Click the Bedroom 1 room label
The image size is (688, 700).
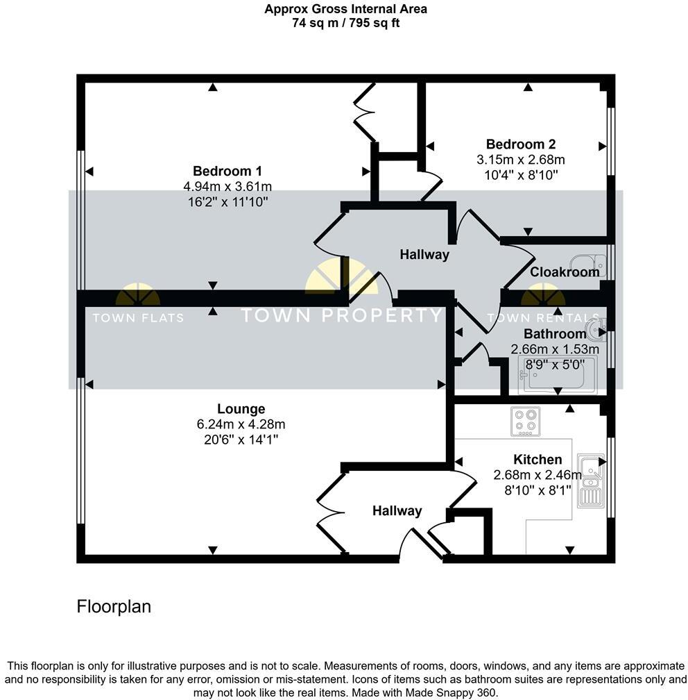[227, 172]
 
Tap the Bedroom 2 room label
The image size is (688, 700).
[520, 144]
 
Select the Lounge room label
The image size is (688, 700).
[241, 409]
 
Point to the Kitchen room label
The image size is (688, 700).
[537, 460]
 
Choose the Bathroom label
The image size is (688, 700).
[554, 334]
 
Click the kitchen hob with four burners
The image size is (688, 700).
[525, 422]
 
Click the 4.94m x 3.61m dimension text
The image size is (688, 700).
[227, 186]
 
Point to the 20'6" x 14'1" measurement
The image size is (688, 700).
[241, 440]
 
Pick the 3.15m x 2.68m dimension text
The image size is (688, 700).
[520, 160]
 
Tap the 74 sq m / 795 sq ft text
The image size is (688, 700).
[345, 23]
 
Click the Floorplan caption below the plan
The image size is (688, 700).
[113, 606]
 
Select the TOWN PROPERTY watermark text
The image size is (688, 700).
[341, 315]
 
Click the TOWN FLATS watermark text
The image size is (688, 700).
[138, 318]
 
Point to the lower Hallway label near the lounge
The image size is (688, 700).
[397, 511]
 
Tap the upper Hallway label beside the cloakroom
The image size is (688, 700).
[424, 255]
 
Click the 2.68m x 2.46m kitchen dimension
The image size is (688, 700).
[537, 475]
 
